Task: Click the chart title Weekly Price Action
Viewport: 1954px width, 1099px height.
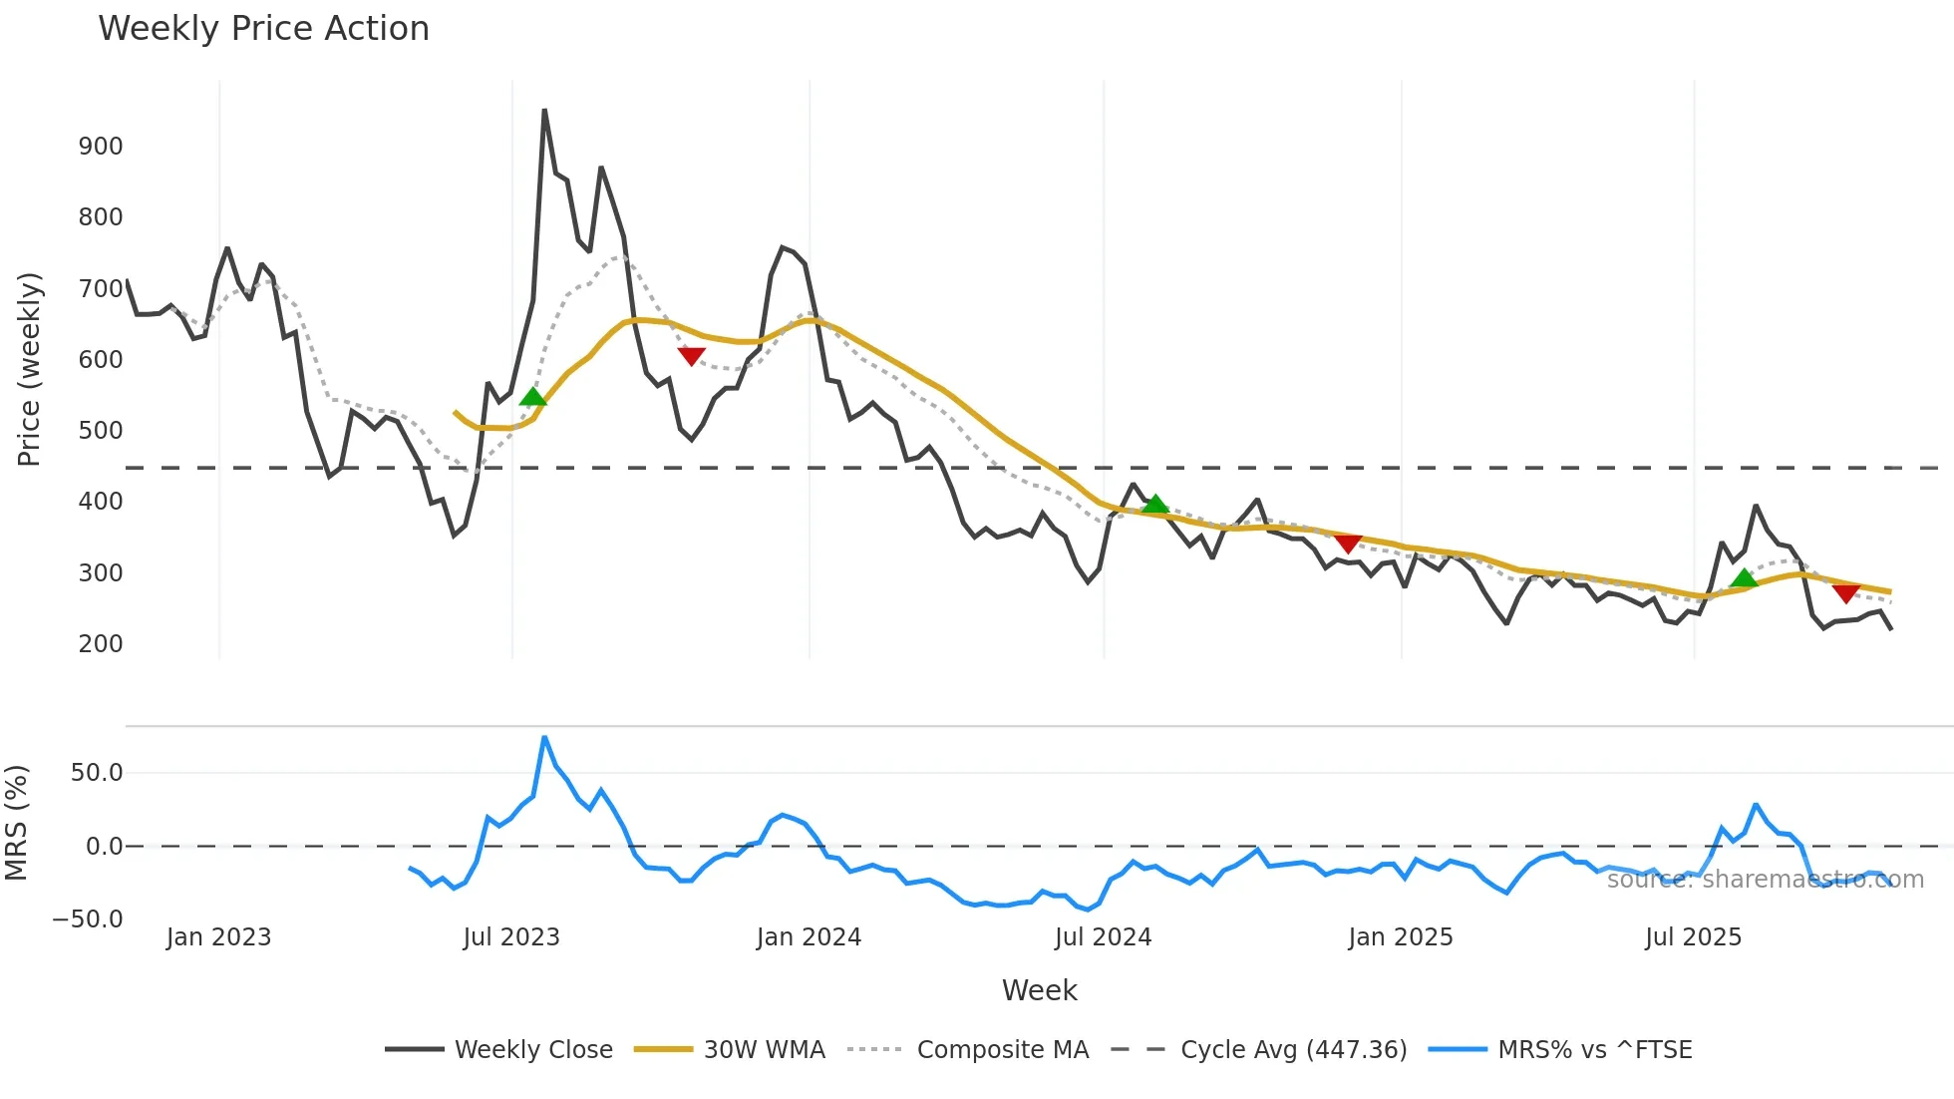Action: tap(263, 29)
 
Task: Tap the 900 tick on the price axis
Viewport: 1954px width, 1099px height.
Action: tap(101, 147)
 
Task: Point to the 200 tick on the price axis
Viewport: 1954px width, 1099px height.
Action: tap(101, 644)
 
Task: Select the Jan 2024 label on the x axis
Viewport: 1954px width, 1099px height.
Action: tap(809, 937)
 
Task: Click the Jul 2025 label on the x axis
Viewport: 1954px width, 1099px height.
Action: tap(1693, 937)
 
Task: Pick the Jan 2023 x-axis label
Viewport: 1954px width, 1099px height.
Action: tap(218, 937)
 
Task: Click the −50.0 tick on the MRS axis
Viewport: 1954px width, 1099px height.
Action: tap(88, 919)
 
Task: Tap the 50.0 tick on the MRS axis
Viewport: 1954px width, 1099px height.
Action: tap(97, 773)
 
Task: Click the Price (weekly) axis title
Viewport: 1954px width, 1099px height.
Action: tap(29, 369)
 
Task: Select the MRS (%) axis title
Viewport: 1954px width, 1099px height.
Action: tap(16, 823)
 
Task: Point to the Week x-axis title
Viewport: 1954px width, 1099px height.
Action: tap(1039, 990)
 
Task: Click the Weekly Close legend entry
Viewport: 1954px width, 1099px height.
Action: tap(533, 1050)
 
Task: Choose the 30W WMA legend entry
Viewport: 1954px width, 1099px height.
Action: tap(764, 1050)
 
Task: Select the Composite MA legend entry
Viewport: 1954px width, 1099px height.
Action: tap(1002, 1050)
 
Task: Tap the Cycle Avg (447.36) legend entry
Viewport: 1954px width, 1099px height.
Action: tap(1293, 1050)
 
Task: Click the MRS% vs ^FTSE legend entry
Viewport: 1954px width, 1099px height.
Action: tap(1594, 1050)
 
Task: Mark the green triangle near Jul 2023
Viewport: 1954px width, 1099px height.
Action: tap(533, 397)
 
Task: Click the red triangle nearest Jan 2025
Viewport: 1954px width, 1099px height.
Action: tap(1348, 544)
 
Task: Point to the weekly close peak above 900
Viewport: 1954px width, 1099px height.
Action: tap(544, 111)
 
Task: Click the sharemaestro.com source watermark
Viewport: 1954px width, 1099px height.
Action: tap(1765, 880)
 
